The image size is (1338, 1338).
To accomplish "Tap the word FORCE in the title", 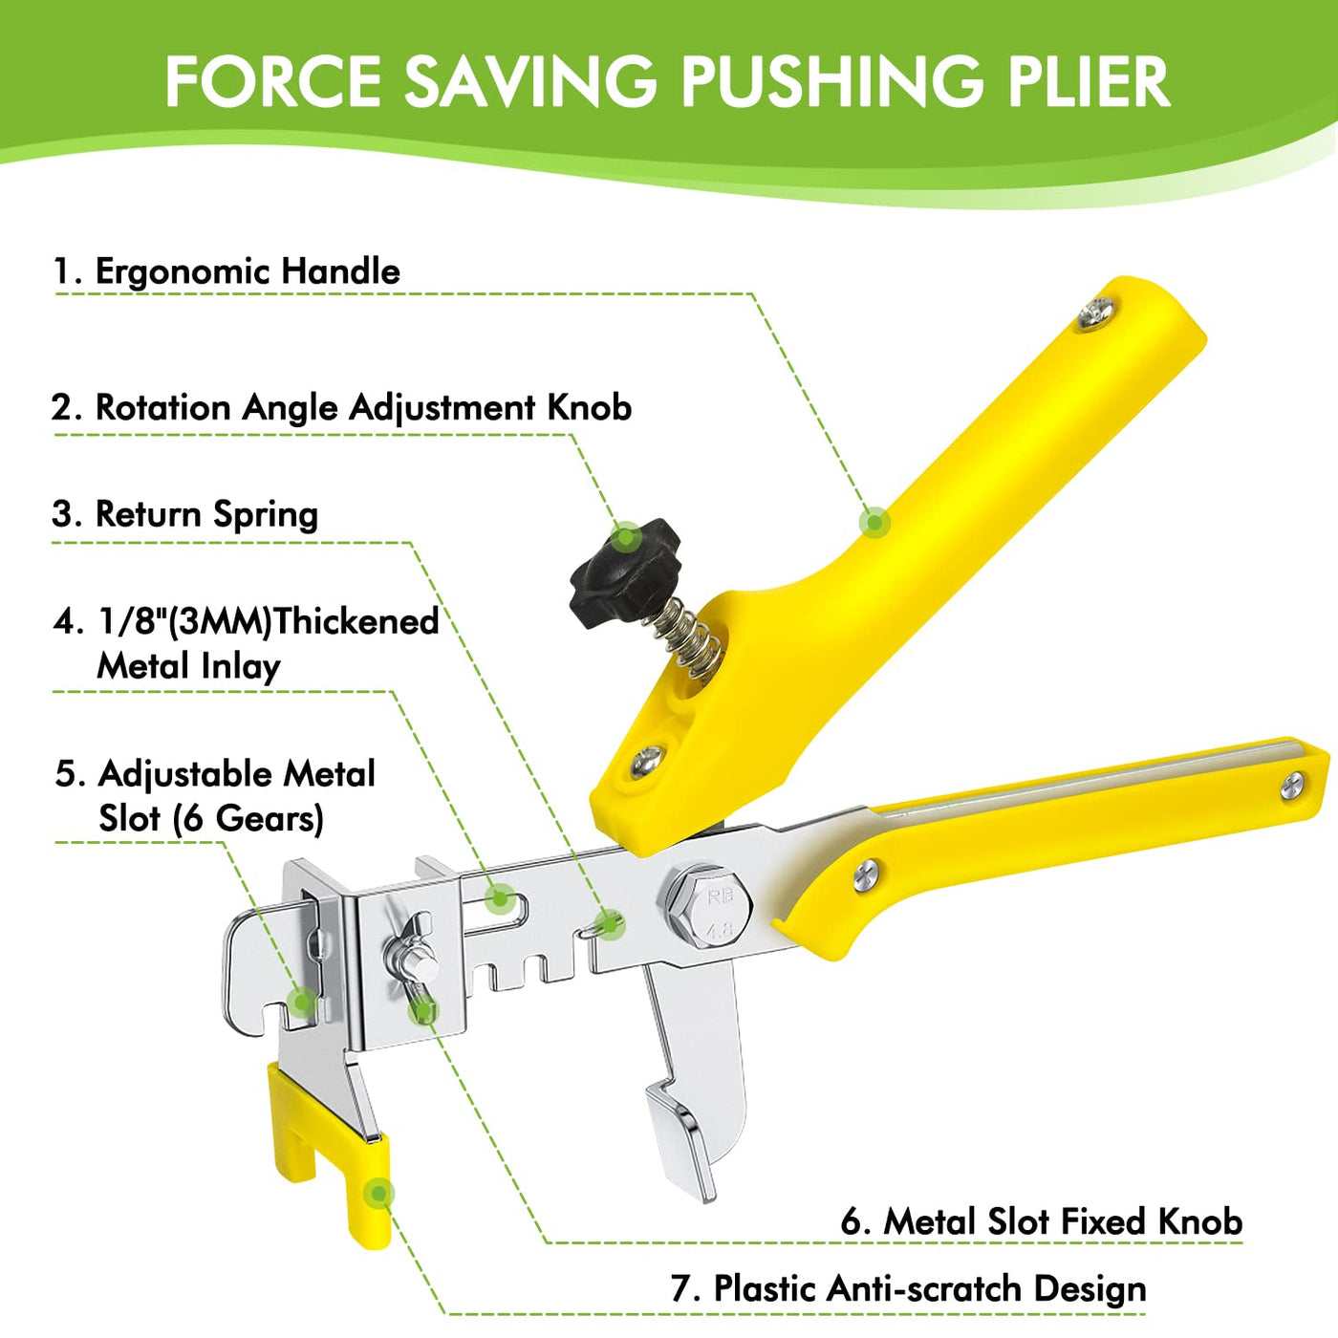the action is point(273,82).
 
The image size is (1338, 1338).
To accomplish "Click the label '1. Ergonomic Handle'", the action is point(227,270).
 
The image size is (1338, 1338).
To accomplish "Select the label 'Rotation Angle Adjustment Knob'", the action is point(363,407).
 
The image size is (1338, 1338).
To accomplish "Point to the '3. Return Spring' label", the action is point(185,514).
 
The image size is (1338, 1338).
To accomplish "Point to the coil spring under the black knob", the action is point(688,639).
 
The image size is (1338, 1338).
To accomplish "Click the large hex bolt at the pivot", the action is point(709,907).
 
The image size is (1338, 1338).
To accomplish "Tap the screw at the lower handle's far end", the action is point(1292,787).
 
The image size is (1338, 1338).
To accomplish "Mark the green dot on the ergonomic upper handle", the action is point(874,522).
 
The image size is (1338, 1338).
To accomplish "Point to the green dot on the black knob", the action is point(626,537).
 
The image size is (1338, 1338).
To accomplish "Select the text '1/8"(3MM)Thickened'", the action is point(268,621).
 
